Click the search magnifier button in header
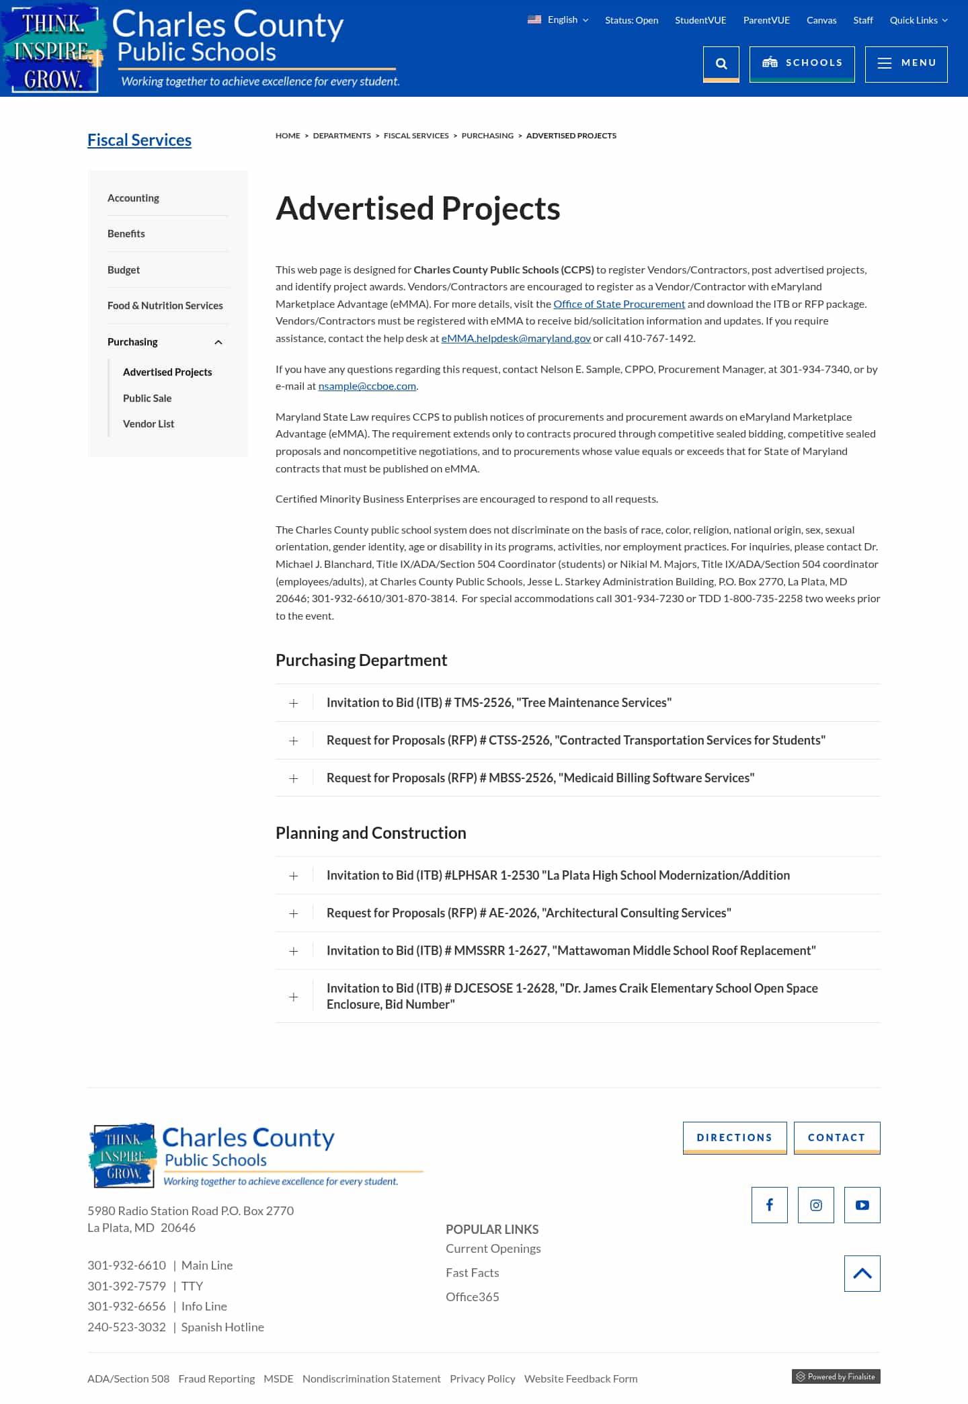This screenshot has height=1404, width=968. pos(721,64)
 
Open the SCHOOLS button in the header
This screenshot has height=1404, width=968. pos(801,63)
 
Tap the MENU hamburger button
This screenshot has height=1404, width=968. pos(905,63)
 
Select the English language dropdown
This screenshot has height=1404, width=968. pos(559,20)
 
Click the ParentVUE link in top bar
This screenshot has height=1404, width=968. pos(766,20)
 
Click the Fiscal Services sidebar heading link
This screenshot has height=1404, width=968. pos(139,140)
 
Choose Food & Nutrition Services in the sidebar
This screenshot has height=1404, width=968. pos(165,306)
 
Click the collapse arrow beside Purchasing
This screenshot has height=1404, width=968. pos(218,342)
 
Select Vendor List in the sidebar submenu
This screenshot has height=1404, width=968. pos(149,424)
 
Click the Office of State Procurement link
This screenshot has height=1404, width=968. pos(618,304)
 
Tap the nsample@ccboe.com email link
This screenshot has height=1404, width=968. pos(367,386)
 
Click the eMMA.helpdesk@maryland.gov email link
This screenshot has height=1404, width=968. pos(516,339)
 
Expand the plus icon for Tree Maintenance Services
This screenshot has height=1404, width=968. pos(294,703)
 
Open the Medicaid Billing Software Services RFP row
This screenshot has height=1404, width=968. pos(540,778)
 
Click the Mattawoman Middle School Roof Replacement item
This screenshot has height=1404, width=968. pos(571,951)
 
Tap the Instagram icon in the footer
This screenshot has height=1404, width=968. pos(815,1205)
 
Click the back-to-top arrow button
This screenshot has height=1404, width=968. pos(862,1274)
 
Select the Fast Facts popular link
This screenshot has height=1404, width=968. pos(472,1273)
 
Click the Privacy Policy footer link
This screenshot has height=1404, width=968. pos(482,1378)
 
